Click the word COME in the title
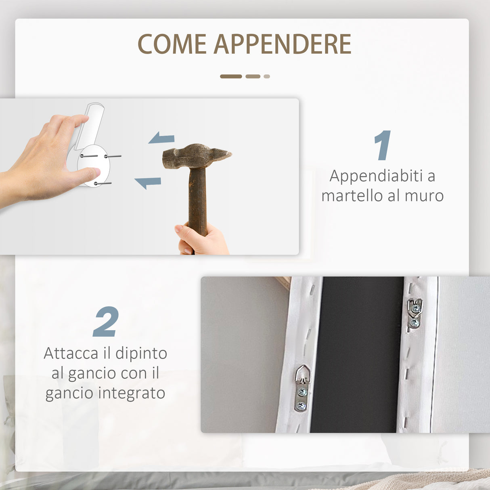tap(172, 44)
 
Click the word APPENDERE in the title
tap(282, 44)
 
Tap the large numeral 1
tap(382, 145)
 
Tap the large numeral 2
tap(106, 322)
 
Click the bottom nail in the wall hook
tap(103, 184)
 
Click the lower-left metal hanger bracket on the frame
tap(302, 387)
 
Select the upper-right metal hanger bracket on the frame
tap(415, 312)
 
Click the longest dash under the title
tap(231, 76)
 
